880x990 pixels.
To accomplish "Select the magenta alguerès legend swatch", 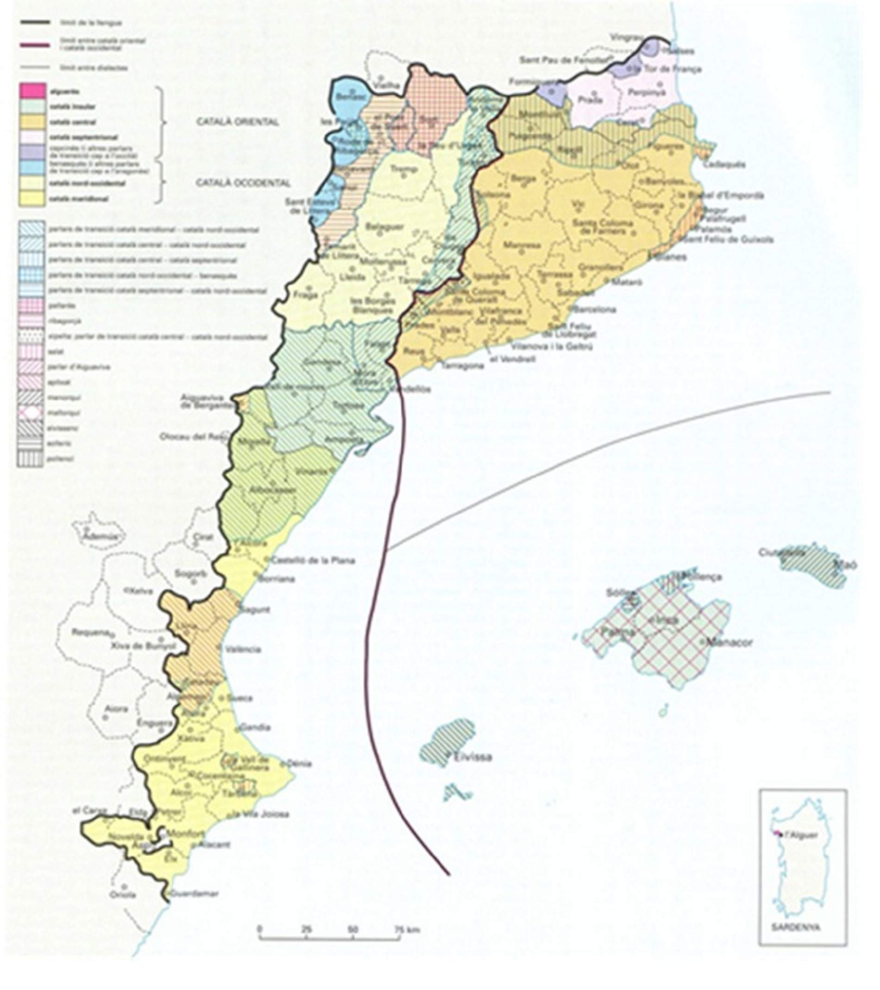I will click(31, 91).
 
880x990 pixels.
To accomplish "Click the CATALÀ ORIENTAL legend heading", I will click(237, 122).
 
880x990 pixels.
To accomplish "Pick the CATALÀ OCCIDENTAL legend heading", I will click(243, 183).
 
